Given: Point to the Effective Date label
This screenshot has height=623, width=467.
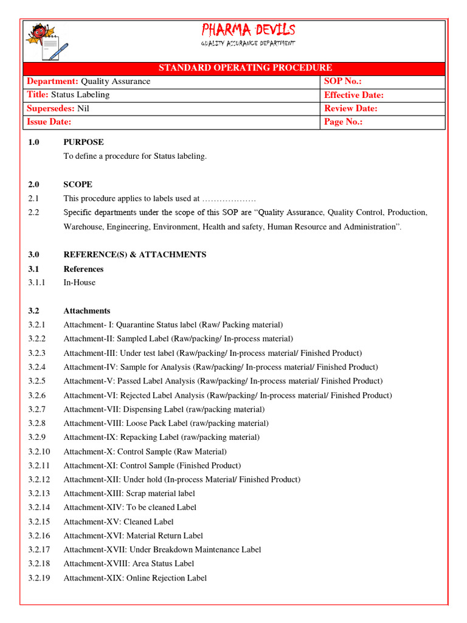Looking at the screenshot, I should pyautogui.click(x=354, y=95).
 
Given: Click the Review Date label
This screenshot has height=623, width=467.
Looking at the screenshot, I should pyautogui.click(x=351, y=108).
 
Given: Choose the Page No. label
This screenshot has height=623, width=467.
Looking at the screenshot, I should pyautogui.click(x=344, y=122).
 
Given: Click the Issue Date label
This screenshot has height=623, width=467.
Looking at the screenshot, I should pyautogui.click(x=49, y=122).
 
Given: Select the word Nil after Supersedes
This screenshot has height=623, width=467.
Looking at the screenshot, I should pyautogui.click(x=83, y=108).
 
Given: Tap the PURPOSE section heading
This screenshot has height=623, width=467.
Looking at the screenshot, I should pyautogui.click(x=83, y=142).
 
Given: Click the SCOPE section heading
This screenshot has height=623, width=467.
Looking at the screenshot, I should pyautogui.click(x=78, y=184).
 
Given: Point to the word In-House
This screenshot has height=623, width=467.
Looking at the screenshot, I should pyautogui.click(x=79, y=282).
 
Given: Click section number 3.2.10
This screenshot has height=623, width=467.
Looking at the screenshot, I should pyautogui.click(x=40, y=451).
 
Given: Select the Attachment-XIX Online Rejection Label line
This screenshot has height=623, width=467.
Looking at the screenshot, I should pyautogui.click(x=135, y=578).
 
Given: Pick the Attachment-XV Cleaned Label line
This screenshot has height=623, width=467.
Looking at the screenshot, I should pyautogui.click(x=119, y=521).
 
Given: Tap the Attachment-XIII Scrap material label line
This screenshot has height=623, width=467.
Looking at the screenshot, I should pyautogui.click(x=130, y=493).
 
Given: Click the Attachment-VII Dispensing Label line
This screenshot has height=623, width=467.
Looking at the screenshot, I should pyautogui.click(x=164, y=409).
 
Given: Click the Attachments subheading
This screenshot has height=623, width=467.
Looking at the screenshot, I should pyautogui.click(x=87, y=310).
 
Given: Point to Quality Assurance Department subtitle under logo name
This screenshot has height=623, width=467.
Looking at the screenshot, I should pyautogui.click(x=248, y=43).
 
